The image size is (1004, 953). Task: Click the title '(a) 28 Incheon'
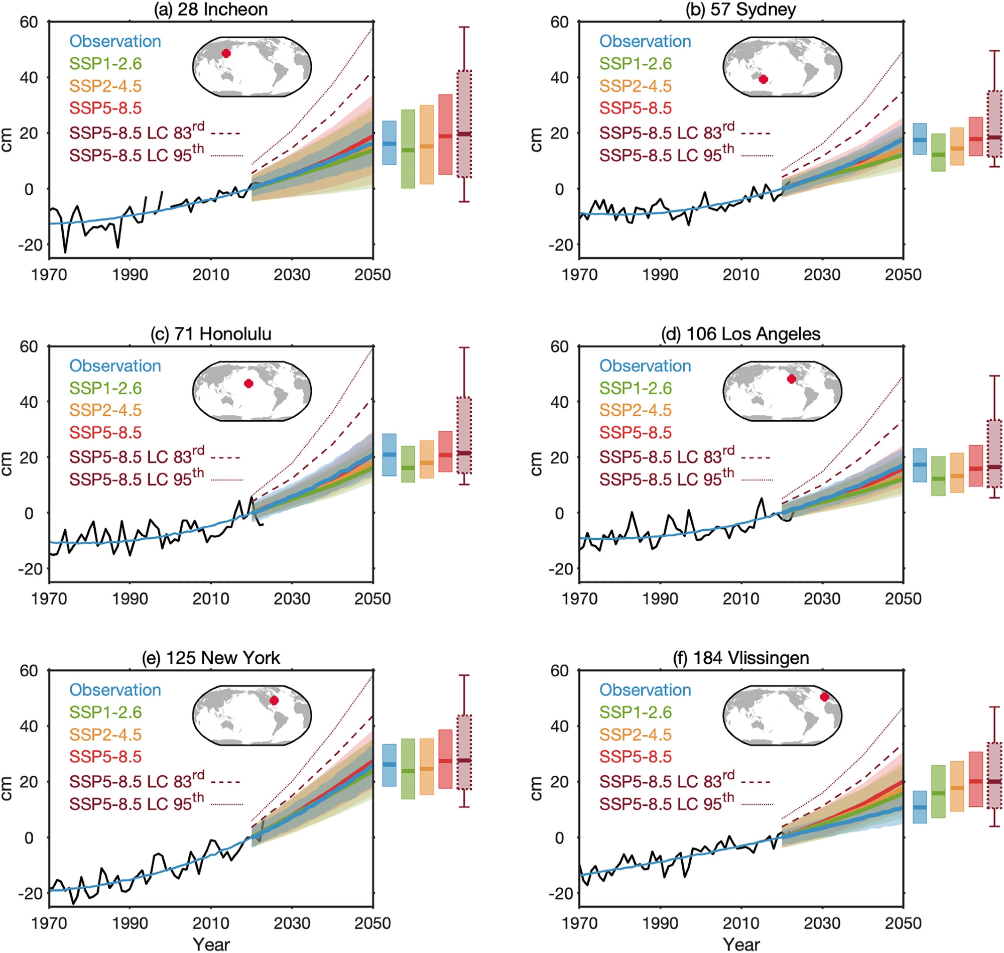coord(211,9)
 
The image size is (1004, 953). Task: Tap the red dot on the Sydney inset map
coord(763,79)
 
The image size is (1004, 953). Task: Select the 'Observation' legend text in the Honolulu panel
coord(115,366)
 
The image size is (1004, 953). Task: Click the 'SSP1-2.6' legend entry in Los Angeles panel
coord(636,388)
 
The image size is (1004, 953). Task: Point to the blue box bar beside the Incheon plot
coord(389,143)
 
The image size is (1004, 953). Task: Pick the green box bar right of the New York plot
coord(408,769)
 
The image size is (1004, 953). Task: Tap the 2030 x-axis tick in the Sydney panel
coord(822,275)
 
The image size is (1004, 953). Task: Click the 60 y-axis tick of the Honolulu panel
coord(29,347)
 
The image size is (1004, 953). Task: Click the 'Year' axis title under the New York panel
coord(211,944)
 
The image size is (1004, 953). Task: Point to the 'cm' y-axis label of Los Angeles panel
coord(536,464)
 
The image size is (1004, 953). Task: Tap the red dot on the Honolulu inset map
coord(248,384)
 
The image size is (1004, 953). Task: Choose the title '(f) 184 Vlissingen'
coord(741,658)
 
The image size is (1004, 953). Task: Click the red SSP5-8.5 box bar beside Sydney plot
coord(975,137)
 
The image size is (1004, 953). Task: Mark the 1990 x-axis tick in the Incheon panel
coord(130,275)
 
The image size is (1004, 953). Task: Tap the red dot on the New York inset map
coord(274,700)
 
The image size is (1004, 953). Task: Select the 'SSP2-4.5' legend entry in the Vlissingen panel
coord(636,735)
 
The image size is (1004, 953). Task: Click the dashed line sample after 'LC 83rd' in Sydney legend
coord(756,134)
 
